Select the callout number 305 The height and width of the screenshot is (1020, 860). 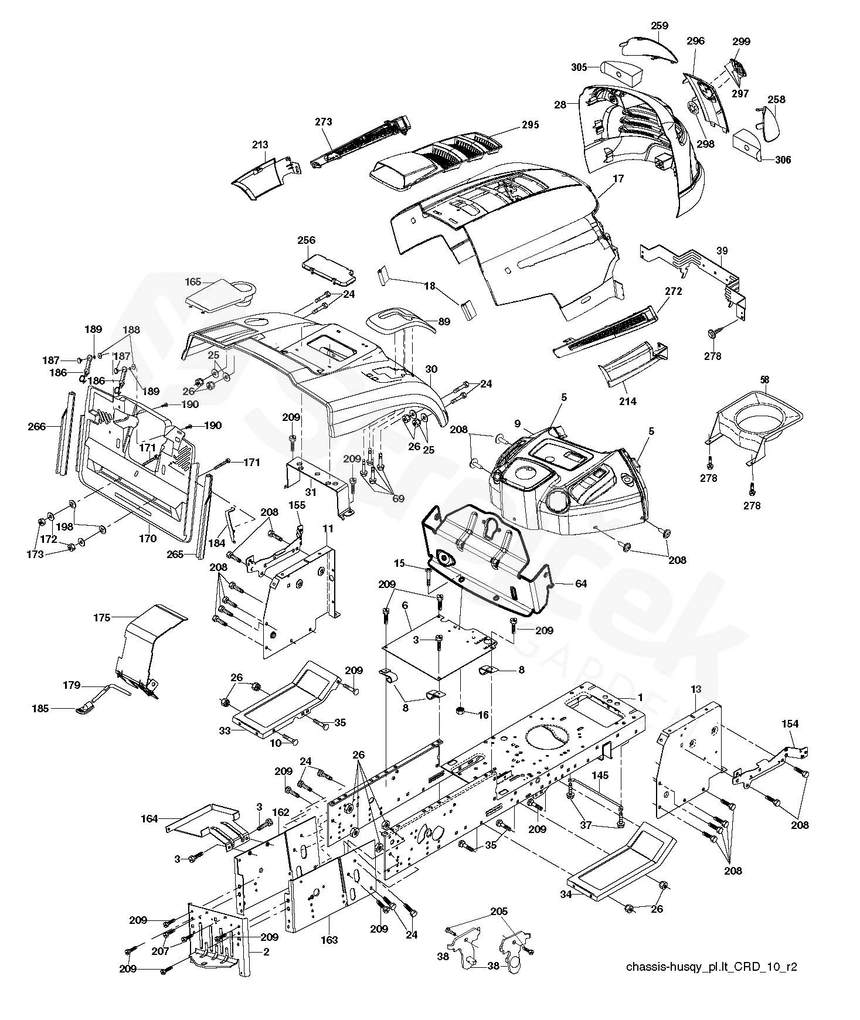(579, 67)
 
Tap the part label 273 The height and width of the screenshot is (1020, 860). (323, 122)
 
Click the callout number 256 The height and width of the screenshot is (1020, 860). (306, 240)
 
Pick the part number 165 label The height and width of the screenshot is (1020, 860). (193, 283)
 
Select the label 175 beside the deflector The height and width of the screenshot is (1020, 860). (102, 618)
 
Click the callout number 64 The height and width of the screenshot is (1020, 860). (564, 584)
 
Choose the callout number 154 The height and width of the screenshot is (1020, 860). (790, 724)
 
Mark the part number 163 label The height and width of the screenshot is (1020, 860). (329, 940)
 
